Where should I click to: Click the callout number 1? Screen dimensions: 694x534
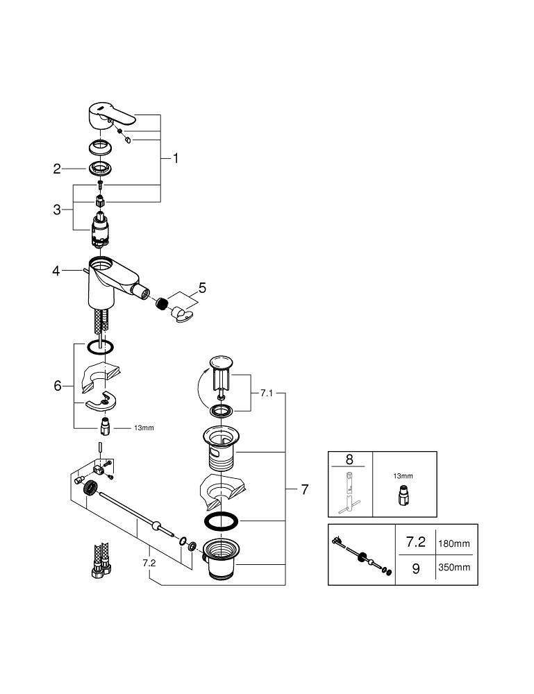point(175,158)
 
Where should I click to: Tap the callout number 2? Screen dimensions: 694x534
point(58,168)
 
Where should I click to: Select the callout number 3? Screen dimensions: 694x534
point(58,208)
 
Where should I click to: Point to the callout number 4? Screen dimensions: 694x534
point(57,271)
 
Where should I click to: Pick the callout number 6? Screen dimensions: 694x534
point(58,386)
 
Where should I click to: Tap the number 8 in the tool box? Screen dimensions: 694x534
point(350,459)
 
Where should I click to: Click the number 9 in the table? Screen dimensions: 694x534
point(416,568)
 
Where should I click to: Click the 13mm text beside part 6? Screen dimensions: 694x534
point(144,428)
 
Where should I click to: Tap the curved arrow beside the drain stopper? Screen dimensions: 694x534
point(201,393)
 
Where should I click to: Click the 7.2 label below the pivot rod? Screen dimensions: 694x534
point(149,564)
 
